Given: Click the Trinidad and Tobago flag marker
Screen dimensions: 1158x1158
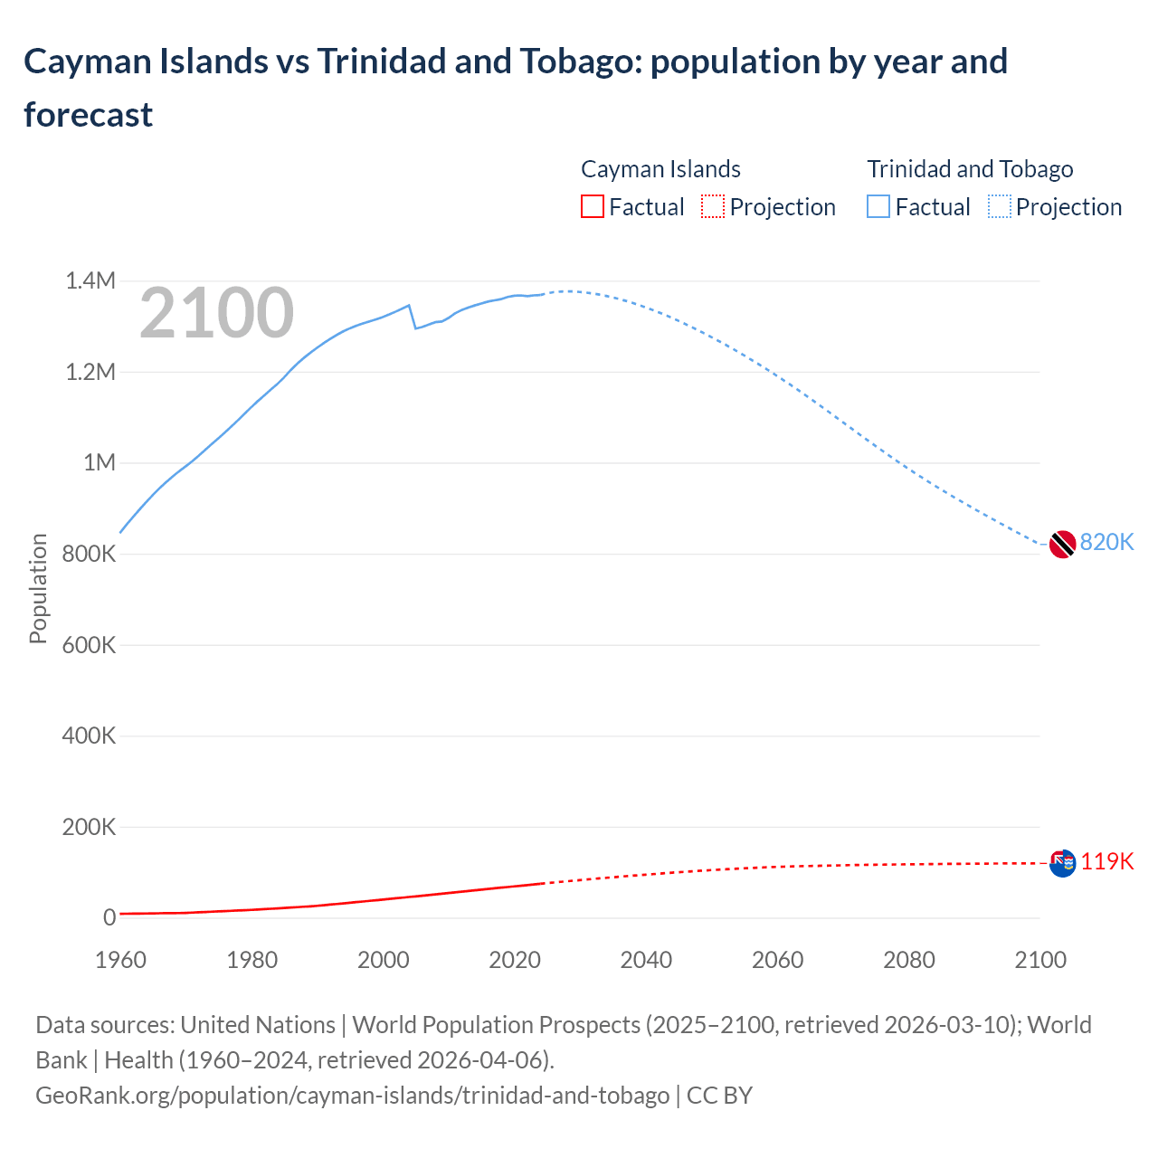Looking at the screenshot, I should click(1062, 544).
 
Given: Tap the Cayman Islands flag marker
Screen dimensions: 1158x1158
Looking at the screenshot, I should click(1062, 863).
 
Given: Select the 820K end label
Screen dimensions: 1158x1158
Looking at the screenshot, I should click(1106, 542).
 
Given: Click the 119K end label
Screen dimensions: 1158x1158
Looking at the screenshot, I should click(1106, 861).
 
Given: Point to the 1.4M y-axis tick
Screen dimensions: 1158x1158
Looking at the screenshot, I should click(90, 281).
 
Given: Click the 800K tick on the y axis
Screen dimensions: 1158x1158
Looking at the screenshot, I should click(90, 554).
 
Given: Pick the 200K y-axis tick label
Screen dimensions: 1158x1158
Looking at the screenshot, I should click(90, 827).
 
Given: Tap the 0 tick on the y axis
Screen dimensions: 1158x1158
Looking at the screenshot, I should click(109, 917).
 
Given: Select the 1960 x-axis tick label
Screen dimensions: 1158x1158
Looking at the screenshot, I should click(120, 960).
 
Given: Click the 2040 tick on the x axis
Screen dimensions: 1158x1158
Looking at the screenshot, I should click(646, 960).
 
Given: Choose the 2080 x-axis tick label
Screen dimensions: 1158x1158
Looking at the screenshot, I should click(908, 960).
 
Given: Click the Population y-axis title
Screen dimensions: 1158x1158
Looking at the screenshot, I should click(38, 588).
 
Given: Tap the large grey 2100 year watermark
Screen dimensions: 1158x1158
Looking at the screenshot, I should click(217, 313).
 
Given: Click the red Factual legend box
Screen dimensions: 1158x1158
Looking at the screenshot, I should click(592, 207).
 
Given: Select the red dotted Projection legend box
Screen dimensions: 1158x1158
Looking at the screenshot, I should click(713, 207).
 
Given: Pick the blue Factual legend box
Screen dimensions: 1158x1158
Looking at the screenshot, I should click(878, 207).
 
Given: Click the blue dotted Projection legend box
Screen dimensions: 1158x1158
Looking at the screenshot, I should click(1000, 207).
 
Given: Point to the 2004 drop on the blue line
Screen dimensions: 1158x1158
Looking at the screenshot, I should click(412, 317).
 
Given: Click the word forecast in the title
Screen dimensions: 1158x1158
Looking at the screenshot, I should click(89, 115).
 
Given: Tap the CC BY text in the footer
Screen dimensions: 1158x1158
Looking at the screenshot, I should click(719, 1096).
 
